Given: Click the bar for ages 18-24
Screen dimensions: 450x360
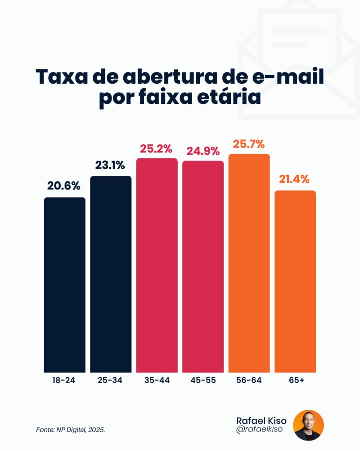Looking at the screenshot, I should click(64, 285).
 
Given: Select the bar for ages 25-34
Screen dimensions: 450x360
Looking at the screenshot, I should click(111, 274).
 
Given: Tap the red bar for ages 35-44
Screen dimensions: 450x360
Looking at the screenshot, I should click(157, 265).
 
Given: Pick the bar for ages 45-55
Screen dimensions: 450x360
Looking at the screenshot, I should click(203, 266).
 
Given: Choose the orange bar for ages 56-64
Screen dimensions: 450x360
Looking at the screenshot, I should click(249, 263).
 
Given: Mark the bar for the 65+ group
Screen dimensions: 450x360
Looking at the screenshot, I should click(295, 281).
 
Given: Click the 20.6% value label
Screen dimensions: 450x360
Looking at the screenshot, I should click(64, 185).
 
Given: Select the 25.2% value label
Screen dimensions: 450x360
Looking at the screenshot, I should click(157, 148).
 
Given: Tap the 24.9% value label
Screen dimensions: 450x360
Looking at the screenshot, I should click(203, 151).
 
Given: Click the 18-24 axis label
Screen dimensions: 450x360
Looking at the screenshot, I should click(64, 381).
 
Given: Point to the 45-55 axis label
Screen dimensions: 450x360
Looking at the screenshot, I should click(203, 381).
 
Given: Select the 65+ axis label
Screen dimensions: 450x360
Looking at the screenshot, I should click(296, 381).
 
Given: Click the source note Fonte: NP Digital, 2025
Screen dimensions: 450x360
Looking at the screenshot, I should click(71, 430).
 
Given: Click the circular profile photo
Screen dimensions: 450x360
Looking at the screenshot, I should click(308, 425).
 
